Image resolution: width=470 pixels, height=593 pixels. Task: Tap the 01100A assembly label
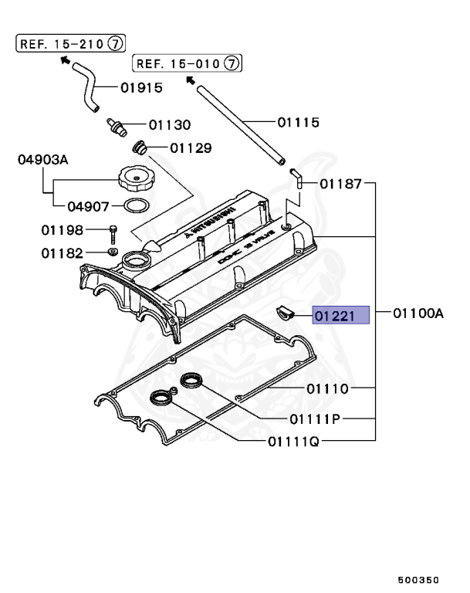[418, 314]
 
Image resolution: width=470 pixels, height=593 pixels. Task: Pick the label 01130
[170, 124]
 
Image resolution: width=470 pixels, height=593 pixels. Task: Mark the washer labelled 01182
[113, 252]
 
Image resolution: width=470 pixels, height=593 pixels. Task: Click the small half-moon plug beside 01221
[286, 313]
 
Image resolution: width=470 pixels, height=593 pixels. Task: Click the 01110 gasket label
[327, 388]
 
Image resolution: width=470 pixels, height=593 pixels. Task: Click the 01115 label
[299, 122]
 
